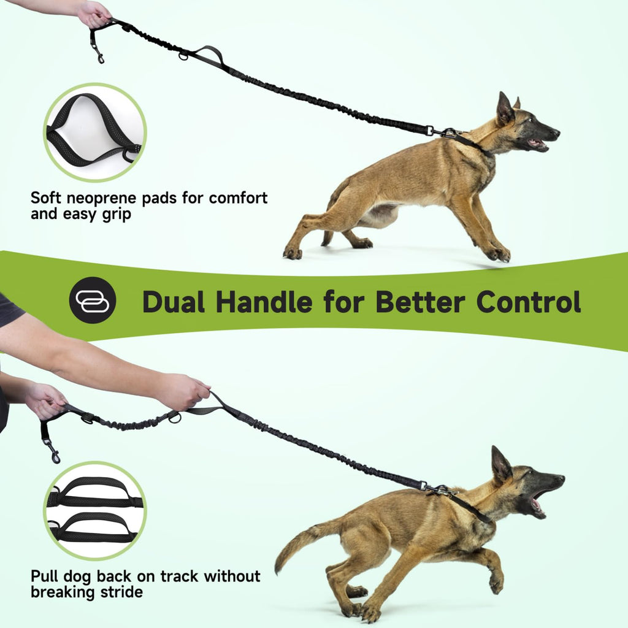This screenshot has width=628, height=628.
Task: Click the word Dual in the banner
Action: (174, 302)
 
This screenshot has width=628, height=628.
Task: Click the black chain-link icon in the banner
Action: (93, 300)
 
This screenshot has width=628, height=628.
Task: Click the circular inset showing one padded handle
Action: (95, 132)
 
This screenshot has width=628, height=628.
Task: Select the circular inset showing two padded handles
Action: (95, 511)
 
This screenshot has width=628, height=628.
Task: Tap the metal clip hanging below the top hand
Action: (96, 53)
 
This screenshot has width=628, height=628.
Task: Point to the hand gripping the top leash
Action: (93, 14)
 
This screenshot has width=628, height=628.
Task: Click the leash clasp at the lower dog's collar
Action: (437, 489)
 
